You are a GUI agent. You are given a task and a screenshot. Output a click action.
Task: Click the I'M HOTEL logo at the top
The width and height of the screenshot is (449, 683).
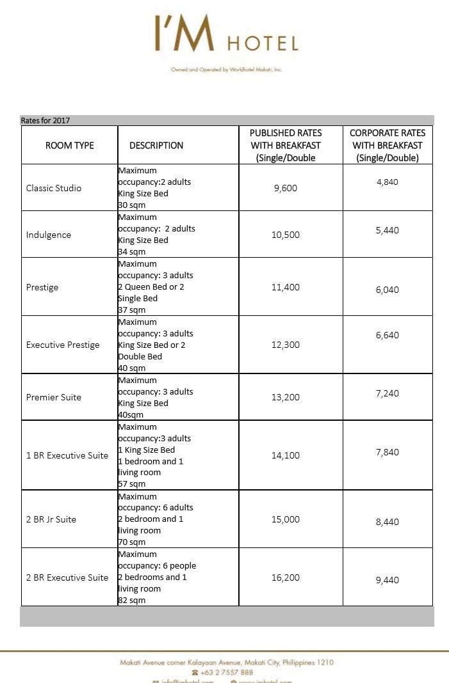tap(225, 35)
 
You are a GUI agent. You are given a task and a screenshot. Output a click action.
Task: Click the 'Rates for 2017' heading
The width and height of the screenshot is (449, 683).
tap(45, 120)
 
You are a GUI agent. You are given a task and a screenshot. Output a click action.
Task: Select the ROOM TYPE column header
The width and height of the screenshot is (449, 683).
tap(70, 146)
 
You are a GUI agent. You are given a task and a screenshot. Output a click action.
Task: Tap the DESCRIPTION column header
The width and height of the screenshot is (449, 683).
tap(156, 146)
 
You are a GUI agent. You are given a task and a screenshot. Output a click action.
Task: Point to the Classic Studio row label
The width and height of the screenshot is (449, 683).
tap(54, 188)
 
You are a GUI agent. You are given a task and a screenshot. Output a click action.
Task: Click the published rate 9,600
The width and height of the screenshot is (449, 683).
tap(285, 188)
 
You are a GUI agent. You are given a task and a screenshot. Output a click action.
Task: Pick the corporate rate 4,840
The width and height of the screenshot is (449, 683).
tap(388, 182)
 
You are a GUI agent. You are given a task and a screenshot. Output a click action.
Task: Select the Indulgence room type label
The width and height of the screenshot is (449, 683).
tap(49, 235)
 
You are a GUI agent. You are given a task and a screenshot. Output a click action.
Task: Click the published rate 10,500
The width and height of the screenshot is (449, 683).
tap(285, 235)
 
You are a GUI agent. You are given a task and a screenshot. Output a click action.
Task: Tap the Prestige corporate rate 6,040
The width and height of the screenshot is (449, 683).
tap(388, 290)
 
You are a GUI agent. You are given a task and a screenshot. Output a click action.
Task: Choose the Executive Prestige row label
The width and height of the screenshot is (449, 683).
tap(63, 345)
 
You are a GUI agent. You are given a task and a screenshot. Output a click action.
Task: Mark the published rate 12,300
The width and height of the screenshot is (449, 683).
tap(285, 345)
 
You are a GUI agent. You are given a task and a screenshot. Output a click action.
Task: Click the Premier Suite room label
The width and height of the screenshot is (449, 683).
tap(54, 397)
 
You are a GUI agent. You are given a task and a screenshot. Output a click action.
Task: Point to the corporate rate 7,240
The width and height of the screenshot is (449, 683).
tap(388, 393)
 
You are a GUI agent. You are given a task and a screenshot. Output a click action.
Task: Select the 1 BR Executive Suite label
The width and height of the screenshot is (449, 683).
tap(67, 455)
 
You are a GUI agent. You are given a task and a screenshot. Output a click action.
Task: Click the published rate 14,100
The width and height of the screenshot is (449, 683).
tap(285, 455)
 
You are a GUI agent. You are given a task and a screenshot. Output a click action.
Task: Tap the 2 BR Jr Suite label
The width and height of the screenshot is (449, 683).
tap(51, 519)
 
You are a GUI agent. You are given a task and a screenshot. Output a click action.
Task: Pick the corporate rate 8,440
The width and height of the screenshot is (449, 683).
tap(388, 522)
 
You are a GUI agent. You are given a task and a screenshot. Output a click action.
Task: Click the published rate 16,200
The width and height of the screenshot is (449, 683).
tap(285, 577)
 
